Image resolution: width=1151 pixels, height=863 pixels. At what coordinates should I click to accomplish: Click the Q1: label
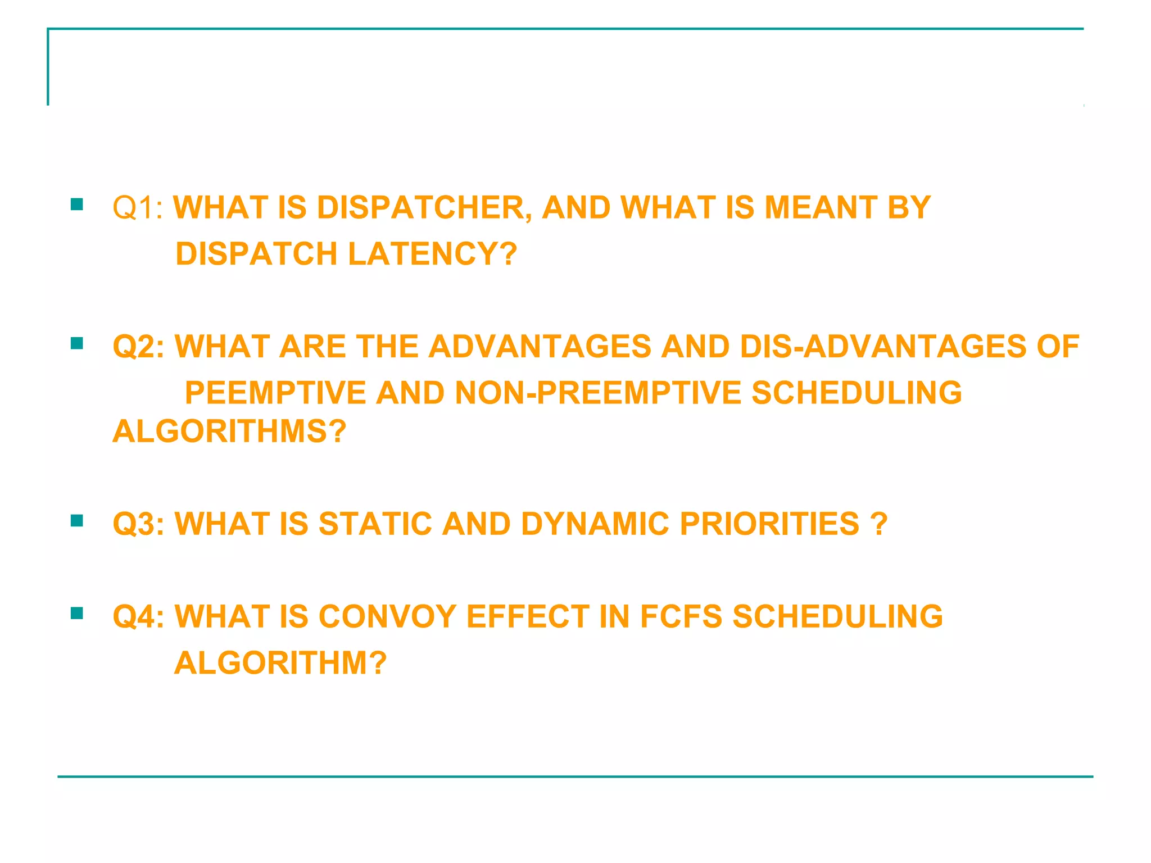point(138,208)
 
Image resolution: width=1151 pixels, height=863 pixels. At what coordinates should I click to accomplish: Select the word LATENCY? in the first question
point(432,254)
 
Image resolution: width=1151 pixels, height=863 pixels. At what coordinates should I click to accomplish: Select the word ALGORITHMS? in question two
point(229,431)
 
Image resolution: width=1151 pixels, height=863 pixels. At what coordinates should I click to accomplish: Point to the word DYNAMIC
point(595,524)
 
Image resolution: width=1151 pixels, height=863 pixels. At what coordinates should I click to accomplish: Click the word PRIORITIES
point(769,524)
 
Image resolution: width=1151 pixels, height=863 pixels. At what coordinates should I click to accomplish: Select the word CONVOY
point(387,617)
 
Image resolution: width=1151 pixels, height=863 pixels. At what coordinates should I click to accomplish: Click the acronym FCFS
point(681,617)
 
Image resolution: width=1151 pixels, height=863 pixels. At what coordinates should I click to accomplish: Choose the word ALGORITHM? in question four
point(280,663)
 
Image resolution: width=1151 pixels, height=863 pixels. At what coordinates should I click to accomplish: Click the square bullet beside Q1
point(77,204)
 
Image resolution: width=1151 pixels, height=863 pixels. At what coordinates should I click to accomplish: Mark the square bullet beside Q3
point(77,521)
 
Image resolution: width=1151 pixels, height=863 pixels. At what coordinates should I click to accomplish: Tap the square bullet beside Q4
point(77,613)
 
